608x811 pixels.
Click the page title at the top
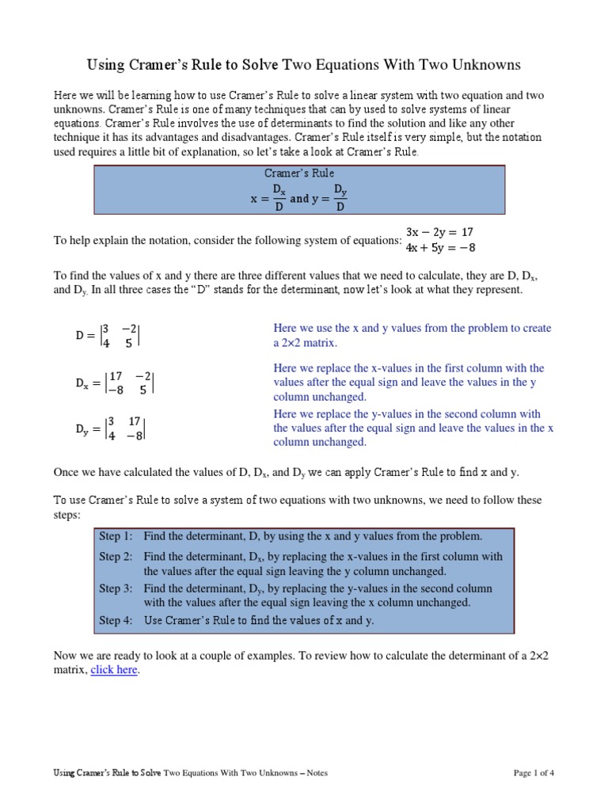[303, 64]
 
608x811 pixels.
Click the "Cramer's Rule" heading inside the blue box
[298, 173]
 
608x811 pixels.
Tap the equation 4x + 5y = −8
[439, 247]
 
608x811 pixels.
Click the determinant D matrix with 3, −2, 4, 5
[108, 336]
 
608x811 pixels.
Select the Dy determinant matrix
[111, 428]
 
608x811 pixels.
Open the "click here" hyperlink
[115, 669]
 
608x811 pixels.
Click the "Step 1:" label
[116, 536]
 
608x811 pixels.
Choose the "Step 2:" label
[116, 557]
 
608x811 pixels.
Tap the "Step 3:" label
[116, 588]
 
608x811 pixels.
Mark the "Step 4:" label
[116, 620]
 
